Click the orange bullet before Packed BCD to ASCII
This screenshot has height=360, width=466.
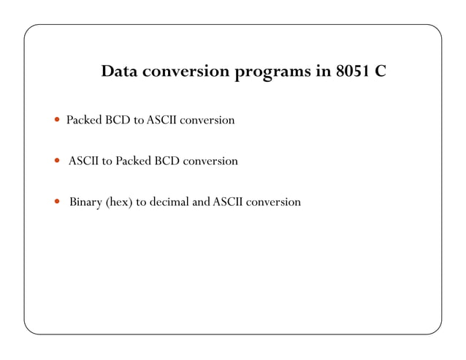coord(58,120)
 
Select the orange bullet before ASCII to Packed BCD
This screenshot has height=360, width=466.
coord(58,161)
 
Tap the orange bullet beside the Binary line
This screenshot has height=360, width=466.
coord(58,202)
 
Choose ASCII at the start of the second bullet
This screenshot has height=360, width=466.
coord(84,161)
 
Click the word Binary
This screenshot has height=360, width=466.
coord(86,202)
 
